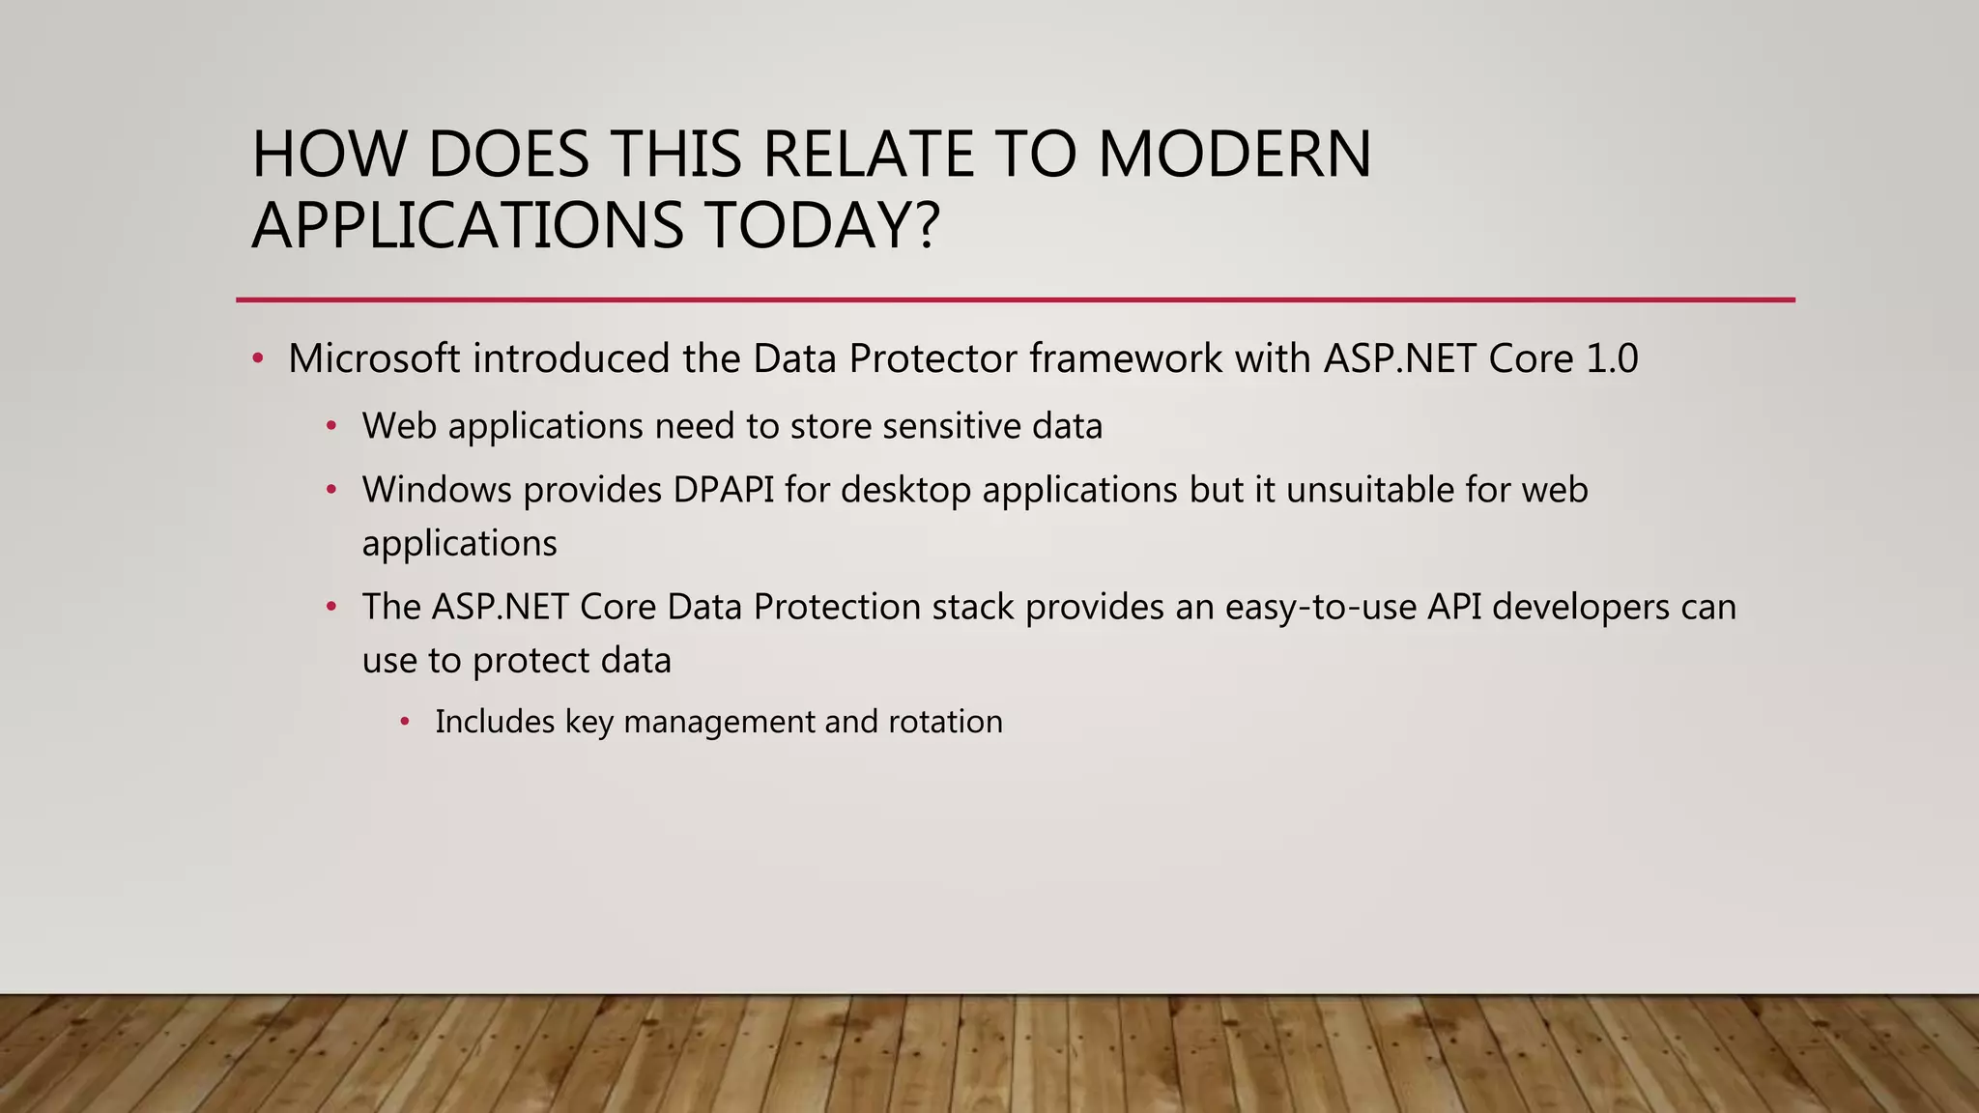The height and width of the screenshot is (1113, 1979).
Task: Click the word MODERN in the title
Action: point(1234,155)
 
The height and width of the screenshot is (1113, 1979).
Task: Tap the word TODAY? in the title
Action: point(821,225)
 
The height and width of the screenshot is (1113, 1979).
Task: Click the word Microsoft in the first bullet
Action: point(374,358)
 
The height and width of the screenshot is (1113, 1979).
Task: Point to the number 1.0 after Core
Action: point(1612,358)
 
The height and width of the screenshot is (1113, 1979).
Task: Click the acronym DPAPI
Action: point(724,490)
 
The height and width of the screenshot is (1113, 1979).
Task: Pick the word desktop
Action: point(905,490)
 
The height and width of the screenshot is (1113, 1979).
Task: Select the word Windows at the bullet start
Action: point(437,490)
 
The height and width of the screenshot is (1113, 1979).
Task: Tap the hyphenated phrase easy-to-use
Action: point(1320,607)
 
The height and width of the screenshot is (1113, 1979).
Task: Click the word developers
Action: point(1581,607)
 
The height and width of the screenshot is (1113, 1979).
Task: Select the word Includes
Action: point(495,722)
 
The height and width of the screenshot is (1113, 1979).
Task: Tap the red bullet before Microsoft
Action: point(257,359)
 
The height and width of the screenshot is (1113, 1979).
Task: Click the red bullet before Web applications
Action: point(331,426)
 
